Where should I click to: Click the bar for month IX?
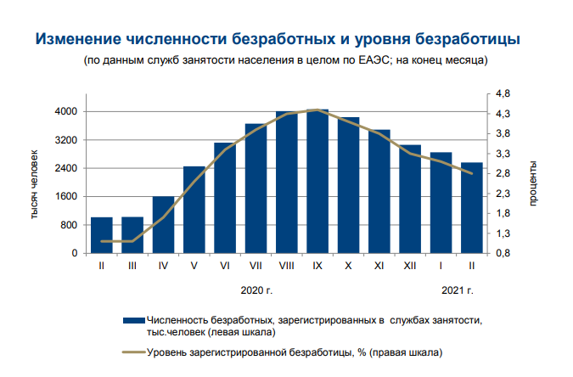[x=317, y=182]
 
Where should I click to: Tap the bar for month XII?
[x=410, y=200]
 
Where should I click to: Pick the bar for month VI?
[x=225, y=198]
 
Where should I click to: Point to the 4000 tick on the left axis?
[x=68, y=112]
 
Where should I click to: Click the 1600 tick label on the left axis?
[x=68, y=197]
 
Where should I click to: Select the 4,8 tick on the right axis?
[x=503, y=93]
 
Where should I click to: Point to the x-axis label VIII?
[x=287, y=267]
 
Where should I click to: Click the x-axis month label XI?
[x=379, y=267]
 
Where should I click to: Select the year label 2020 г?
[x=256, y=290]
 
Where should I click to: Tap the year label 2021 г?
[x=457, y=290]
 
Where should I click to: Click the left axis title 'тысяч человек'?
[x=35, y=183]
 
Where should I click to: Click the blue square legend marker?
[x=133, y=320]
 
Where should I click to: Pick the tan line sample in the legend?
[x=133, y=351]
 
